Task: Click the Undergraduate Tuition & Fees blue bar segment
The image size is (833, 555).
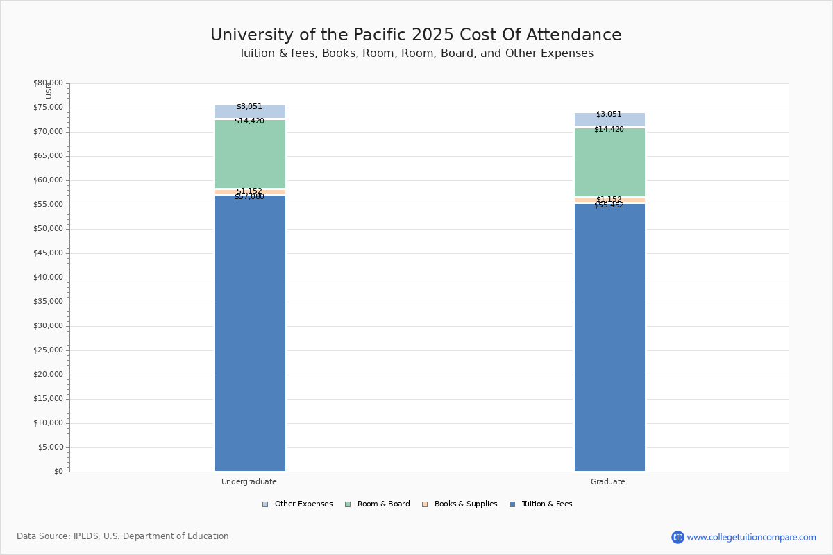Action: (250, 333)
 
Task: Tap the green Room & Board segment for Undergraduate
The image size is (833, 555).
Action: (250, 154)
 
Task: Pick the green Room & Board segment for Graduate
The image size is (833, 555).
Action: (609, 162)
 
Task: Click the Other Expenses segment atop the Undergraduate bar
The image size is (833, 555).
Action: (250, 112)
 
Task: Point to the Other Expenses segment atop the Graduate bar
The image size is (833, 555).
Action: (609, 119)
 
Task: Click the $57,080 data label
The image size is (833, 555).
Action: (249, 197)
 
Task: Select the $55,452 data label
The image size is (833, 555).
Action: (609, 205)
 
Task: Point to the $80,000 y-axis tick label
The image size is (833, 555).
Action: (48, 83)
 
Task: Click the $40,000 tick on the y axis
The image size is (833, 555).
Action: (48, 277)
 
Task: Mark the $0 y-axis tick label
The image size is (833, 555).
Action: (58, 472)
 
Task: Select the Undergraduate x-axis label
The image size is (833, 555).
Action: (249, 481)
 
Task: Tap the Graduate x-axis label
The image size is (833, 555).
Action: (608, 481)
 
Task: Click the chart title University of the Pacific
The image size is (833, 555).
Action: (416, 35)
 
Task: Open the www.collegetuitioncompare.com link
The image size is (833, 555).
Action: (751, 537)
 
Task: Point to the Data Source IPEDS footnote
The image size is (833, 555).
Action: (123, 536)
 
